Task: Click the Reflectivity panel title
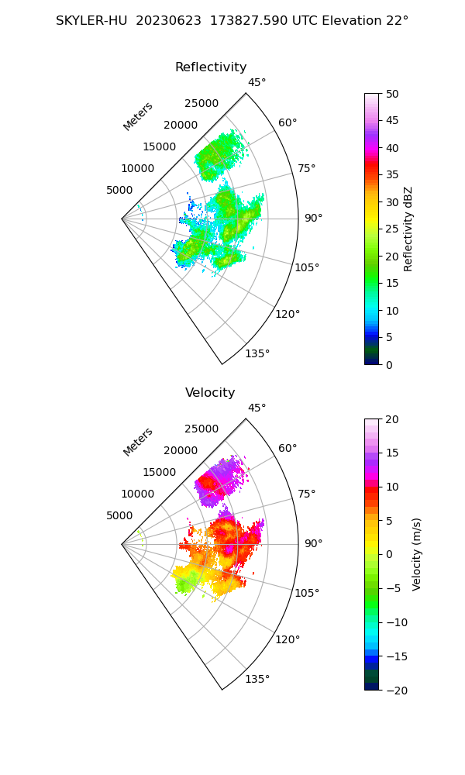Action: point(211,67)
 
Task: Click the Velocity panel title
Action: point(210,393)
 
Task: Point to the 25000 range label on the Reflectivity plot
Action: point(201,104)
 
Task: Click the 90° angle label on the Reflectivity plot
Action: point(313,219)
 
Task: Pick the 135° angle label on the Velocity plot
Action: point(257,680)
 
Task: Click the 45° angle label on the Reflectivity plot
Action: point(257,83)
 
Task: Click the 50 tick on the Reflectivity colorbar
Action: point(391,94)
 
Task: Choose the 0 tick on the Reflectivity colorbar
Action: point(388,364)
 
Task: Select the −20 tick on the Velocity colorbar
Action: point(394,690)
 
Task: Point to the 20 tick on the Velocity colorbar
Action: point(391,419)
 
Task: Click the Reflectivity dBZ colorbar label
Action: point(408,229)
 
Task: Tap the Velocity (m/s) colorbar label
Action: point(417,554)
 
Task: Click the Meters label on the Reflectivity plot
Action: point(138,116)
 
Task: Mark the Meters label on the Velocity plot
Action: point(138,442)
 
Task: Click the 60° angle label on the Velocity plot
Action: point(288,449)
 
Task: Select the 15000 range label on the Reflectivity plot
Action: point(159,146)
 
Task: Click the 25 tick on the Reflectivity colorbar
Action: point(391,229)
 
